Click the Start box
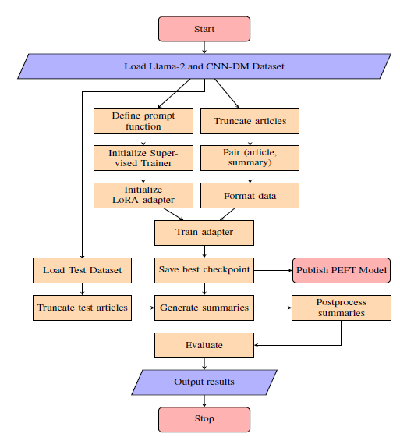(x=204, y=29)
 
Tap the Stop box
(x=204, y=419)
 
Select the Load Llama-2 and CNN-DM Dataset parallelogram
(x=204, y=66)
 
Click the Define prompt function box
(x=143, y=121)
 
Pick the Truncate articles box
(x=250, y=121)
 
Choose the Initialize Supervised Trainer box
(x=143, y=158)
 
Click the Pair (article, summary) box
(x=250, y=158)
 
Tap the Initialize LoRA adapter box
(x=143, y=195)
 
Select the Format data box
(x=250, y=195)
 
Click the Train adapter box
(x=204, y=233)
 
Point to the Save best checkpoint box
(x=204, y=270)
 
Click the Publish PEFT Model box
(x=342, y=270)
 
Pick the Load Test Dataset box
(x=82, y=270)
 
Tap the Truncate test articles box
(x=82, y=308)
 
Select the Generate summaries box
(x=204, y=308)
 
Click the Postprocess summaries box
(x=342, y=308)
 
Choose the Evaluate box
(x=204, y=345)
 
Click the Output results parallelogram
(x=204, y=382)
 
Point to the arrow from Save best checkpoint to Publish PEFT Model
(x=273, y=270)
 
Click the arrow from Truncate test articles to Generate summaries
(x=143, y=308)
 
